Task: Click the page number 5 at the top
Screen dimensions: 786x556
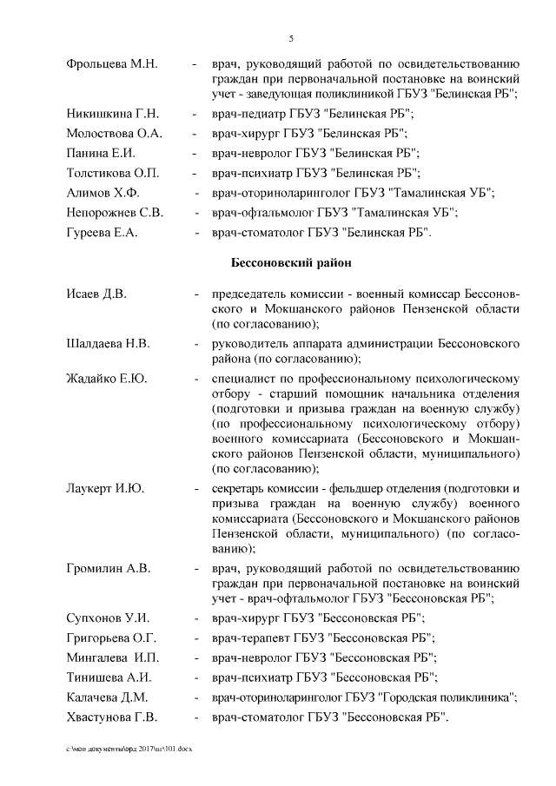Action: pyautogui.click(x=291, y=38)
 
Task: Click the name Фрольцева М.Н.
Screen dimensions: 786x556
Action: pyautogui.click(x=111, y=66)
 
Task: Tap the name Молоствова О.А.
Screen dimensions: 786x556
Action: pyautogui.click(x=114, y=134)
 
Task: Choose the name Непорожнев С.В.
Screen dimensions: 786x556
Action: pyautogui.click(x=115, y=212)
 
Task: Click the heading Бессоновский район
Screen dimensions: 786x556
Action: pyautogui.click(x=291, y=261)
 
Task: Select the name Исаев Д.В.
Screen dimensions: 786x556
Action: pyautogui.click(x=96, y=294)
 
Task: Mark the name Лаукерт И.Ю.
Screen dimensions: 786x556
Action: pyautogui.click(x=105, y=488)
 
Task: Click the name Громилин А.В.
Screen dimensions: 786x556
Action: pyautogui.click(x=109, y=568)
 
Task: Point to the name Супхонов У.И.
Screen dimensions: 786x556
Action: pyautogui.click(x=109, y=618)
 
